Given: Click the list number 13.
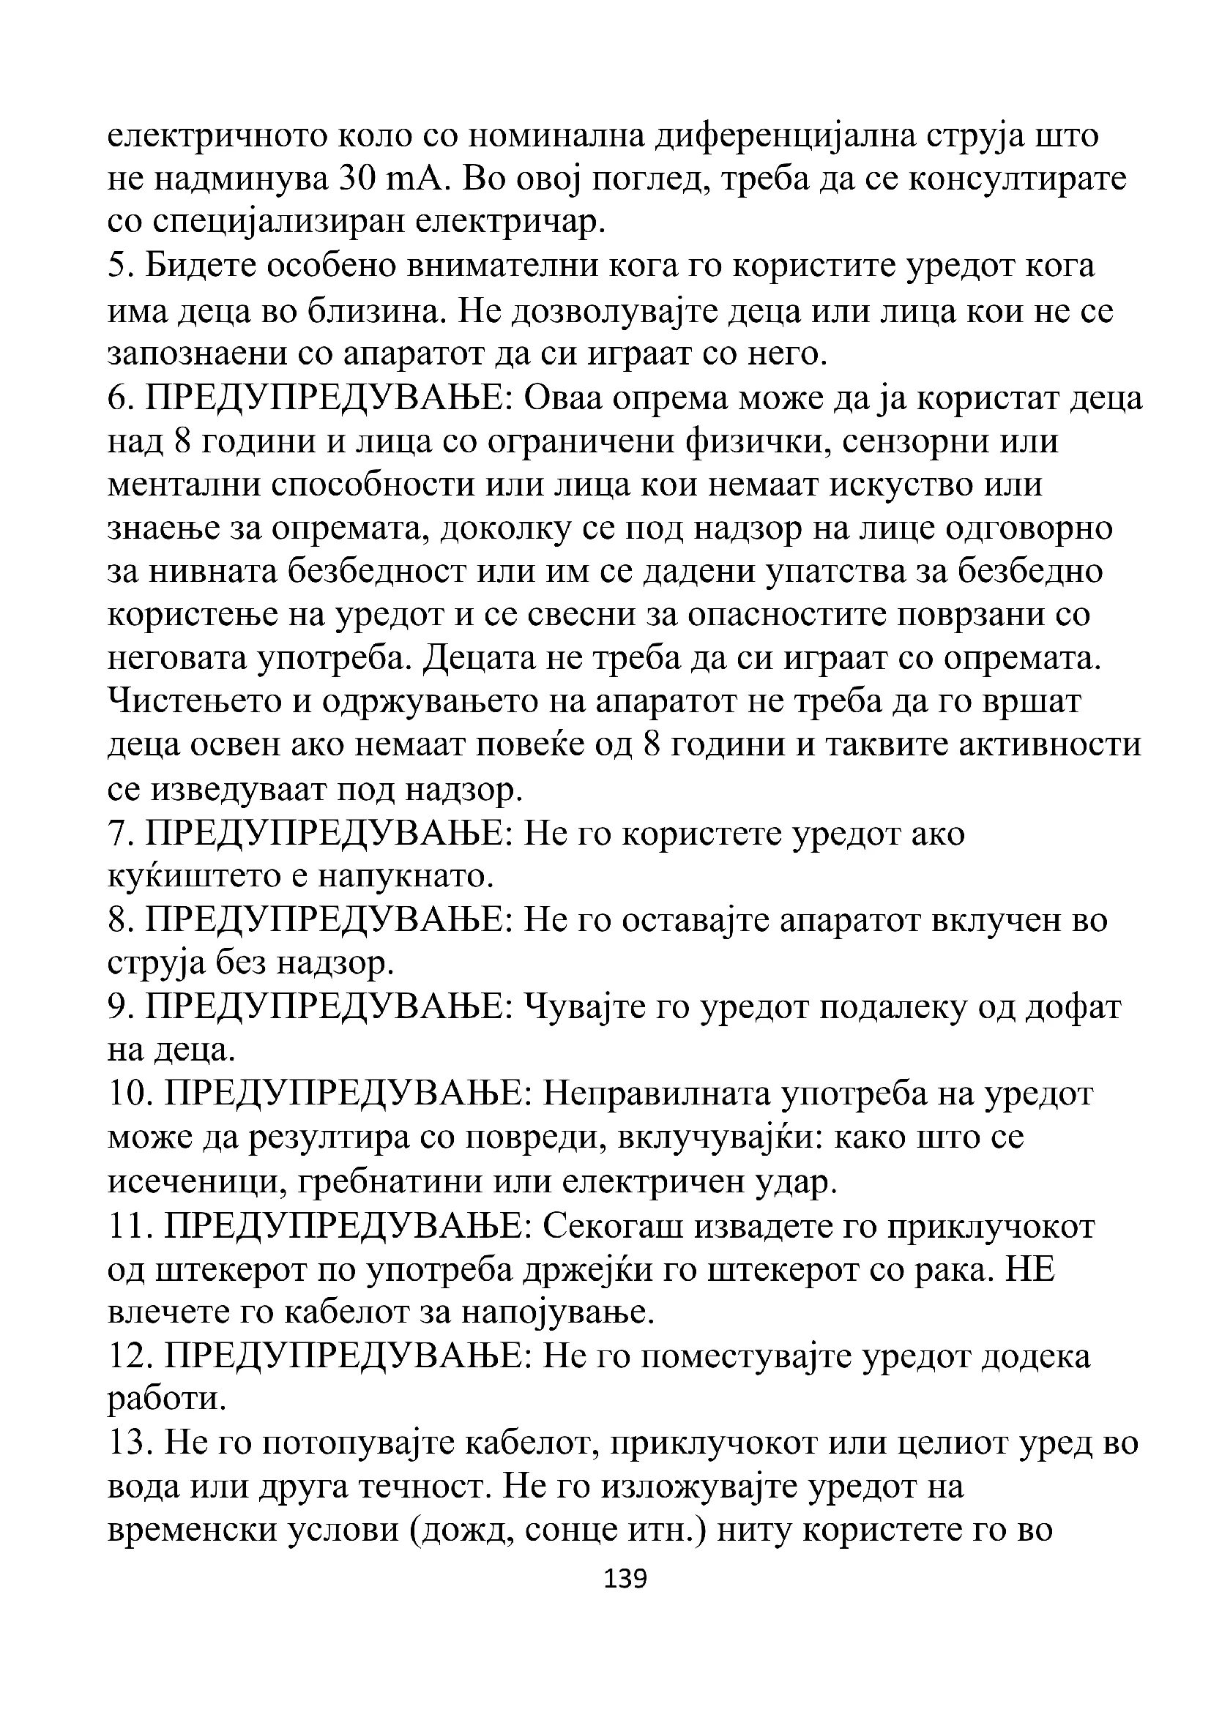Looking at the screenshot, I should coord(129,1443).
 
